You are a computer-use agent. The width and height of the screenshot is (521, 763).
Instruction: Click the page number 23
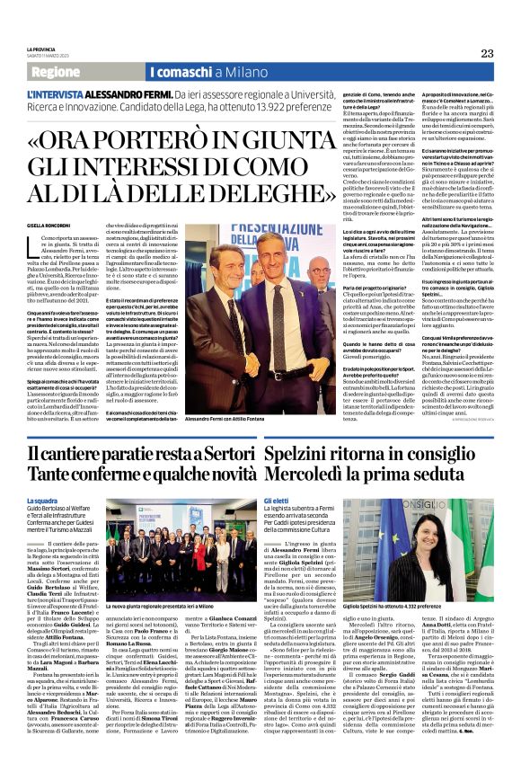[x=487, y=54]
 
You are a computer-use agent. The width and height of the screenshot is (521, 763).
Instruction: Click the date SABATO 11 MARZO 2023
[x=49, y=57]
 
